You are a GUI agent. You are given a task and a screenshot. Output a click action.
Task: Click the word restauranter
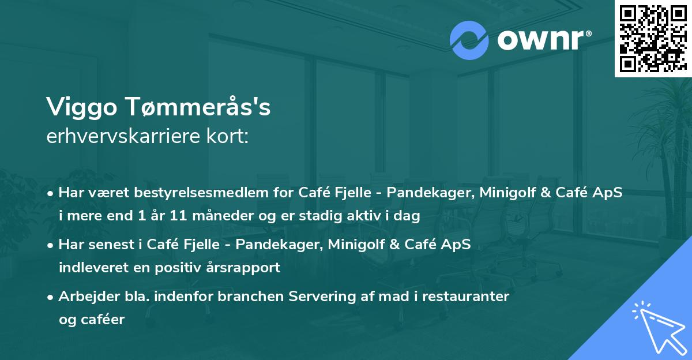(461, 297)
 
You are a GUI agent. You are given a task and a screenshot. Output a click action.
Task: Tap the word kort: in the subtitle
(228, 137)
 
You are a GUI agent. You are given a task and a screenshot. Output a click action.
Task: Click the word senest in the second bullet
(107, 245)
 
